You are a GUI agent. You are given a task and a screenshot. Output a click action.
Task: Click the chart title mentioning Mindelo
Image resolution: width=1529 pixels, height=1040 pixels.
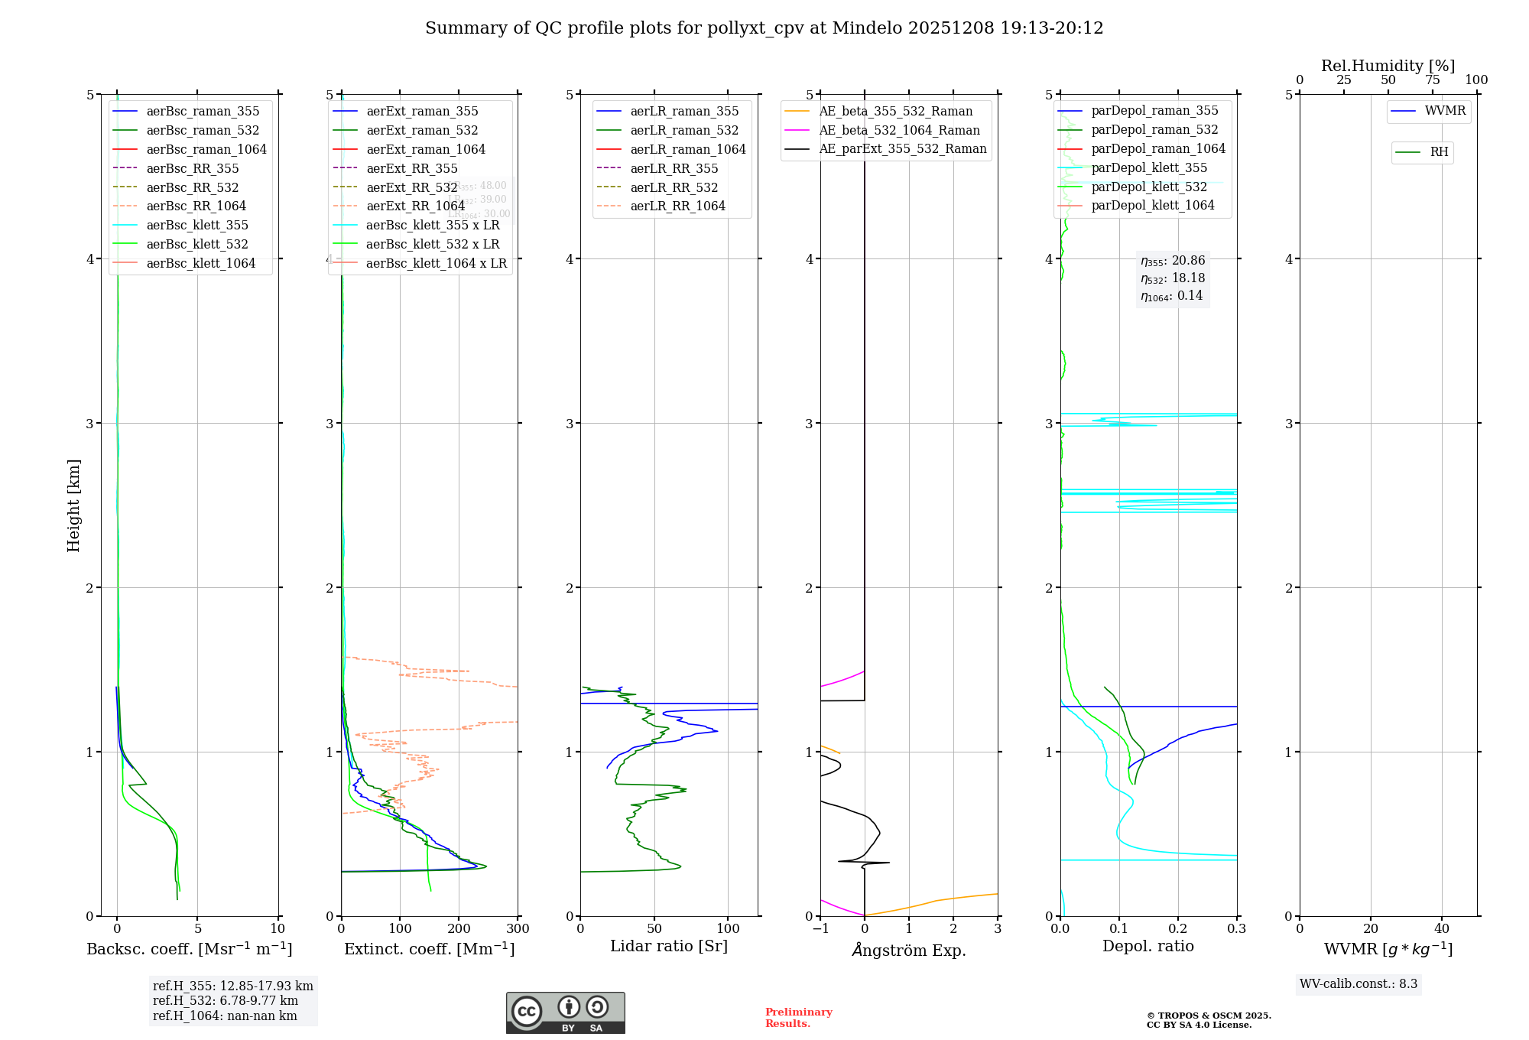(764, 28)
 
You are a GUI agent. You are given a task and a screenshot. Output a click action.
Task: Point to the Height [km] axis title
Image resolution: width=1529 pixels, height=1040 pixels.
(73, 505)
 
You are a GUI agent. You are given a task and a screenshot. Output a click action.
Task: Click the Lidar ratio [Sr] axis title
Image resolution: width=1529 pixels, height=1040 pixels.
(669, 947)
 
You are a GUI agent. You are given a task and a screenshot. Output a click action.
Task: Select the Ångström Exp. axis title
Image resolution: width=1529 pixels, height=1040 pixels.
(909, 951)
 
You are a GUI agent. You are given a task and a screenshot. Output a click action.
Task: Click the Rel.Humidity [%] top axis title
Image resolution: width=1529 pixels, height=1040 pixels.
(1388, 66)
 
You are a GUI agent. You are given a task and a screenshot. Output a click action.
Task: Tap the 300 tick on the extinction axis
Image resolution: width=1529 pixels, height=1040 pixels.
(518, 929)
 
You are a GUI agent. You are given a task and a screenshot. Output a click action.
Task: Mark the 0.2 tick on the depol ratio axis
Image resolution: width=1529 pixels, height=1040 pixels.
(1178, 929)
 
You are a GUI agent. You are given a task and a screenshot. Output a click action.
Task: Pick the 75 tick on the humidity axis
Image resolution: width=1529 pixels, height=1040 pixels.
(1432, 80)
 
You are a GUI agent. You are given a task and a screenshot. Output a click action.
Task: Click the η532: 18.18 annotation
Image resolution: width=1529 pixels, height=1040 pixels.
(1173, 278)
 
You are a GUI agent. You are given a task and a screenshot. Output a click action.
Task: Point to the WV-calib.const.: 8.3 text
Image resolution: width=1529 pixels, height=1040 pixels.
(1358, 984)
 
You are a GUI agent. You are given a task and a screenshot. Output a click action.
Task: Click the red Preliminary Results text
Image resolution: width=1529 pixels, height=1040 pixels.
(798, 1018)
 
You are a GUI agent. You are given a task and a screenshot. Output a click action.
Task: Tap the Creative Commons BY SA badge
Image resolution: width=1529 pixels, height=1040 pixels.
(565, 1013)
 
